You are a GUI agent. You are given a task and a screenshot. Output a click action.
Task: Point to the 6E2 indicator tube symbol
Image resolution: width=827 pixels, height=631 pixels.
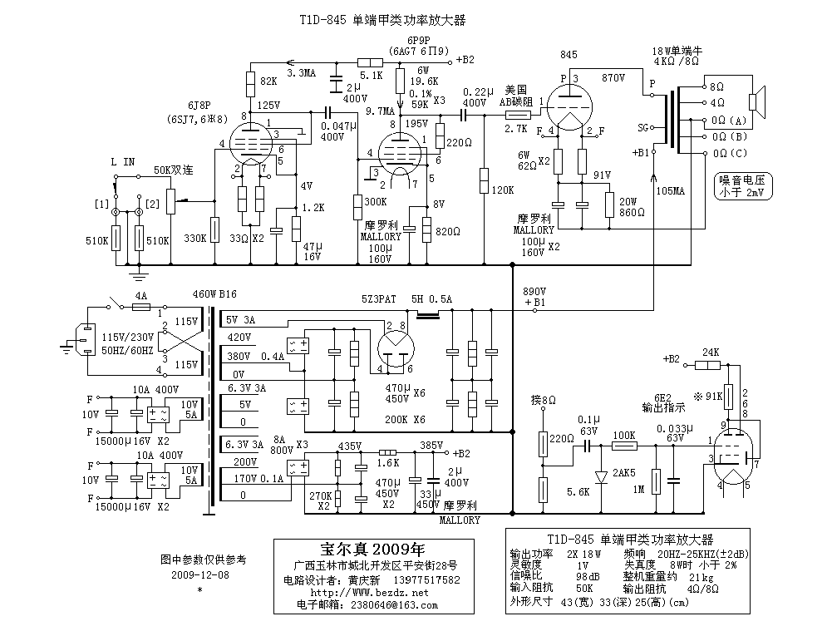[735, 453]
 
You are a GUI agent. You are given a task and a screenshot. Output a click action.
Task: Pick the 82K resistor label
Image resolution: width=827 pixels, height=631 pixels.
[269, 81]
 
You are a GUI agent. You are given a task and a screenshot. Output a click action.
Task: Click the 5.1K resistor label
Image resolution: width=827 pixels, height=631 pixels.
[372, 76]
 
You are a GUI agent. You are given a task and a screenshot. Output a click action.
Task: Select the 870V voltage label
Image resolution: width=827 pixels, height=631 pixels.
[614, 76]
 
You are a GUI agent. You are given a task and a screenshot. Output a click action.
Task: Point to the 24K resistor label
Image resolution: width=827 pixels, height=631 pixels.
[711, 352]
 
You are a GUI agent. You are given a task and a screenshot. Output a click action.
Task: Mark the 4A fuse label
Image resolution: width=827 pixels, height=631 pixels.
[140, 294]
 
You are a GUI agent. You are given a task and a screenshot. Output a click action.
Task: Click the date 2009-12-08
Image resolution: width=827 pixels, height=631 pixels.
[199, 574]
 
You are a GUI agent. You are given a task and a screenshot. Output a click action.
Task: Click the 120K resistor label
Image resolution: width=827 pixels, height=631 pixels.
[503, 190]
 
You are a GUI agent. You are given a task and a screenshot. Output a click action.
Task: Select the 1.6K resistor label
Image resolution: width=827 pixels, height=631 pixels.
[387, 462]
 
